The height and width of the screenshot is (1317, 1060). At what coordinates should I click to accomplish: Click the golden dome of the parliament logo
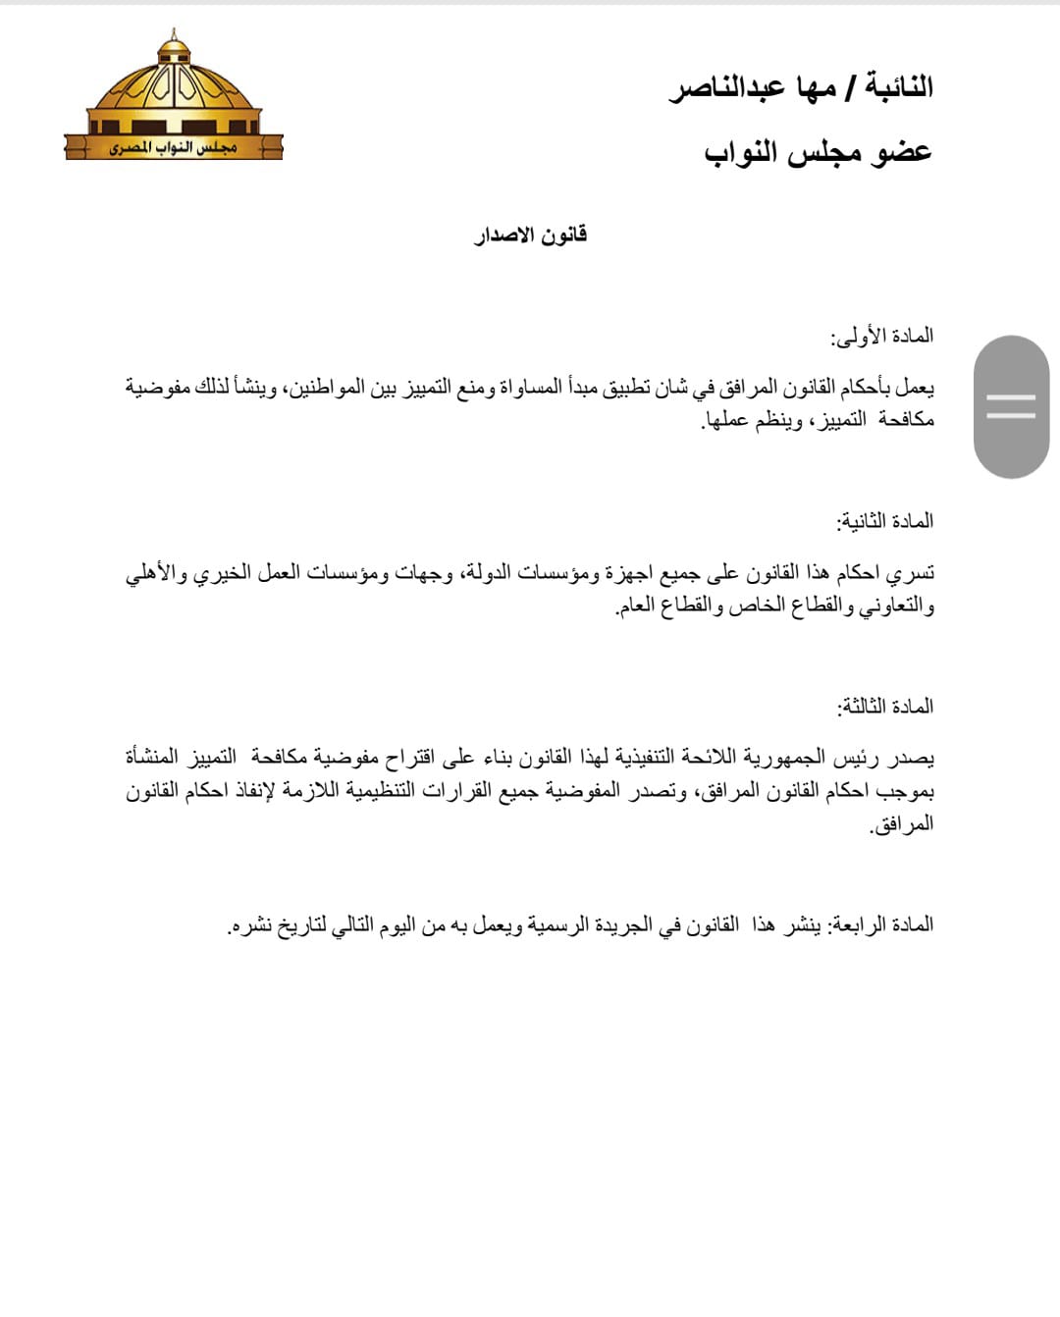tap(175, 83)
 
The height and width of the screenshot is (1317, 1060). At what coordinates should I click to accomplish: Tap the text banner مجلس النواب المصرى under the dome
tap(174, 148)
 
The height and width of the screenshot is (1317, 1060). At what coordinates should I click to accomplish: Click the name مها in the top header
tap(812, 88)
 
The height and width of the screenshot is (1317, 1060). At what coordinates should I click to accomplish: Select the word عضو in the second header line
tap(902, 152)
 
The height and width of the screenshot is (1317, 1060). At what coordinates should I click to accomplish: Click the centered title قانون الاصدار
tap(530, 235)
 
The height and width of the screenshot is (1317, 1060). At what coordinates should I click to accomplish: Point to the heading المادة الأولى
tap(882, 337)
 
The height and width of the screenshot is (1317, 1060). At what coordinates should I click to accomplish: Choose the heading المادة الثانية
tap(884, 521)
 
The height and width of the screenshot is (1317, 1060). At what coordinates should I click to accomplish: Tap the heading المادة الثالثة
tap(884, 707)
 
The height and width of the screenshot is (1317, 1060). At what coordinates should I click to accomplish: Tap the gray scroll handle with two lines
tap(1011, 406)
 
